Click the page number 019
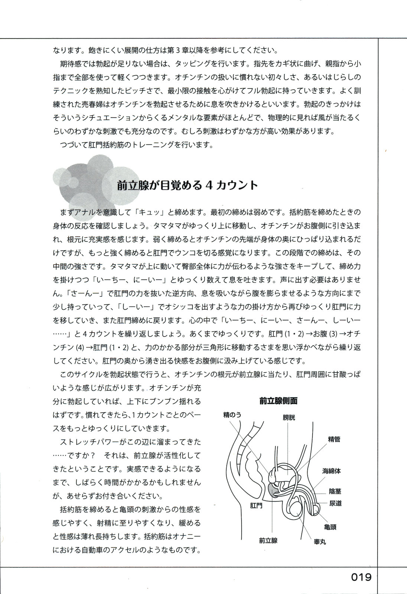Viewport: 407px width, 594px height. coord(361,577)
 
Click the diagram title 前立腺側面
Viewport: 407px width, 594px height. coord(279,401)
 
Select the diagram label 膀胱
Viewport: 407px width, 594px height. coord(289,417)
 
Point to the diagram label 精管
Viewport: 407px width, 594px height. coord(333,439)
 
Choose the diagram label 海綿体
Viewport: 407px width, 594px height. coord(331,471)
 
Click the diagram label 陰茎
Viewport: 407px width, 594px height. coord(335,491)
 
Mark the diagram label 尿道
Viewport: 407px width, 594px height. coord(335,503)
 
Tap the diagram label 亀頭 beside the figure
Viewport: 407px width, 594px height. coord(330,527)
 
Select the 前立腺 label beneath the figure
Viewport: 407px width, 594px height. coord(268,541)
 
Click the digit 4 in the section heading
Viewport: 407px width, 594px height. coord(209,185)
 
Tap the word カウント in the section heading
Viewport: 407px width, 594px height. coord(237,185)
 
